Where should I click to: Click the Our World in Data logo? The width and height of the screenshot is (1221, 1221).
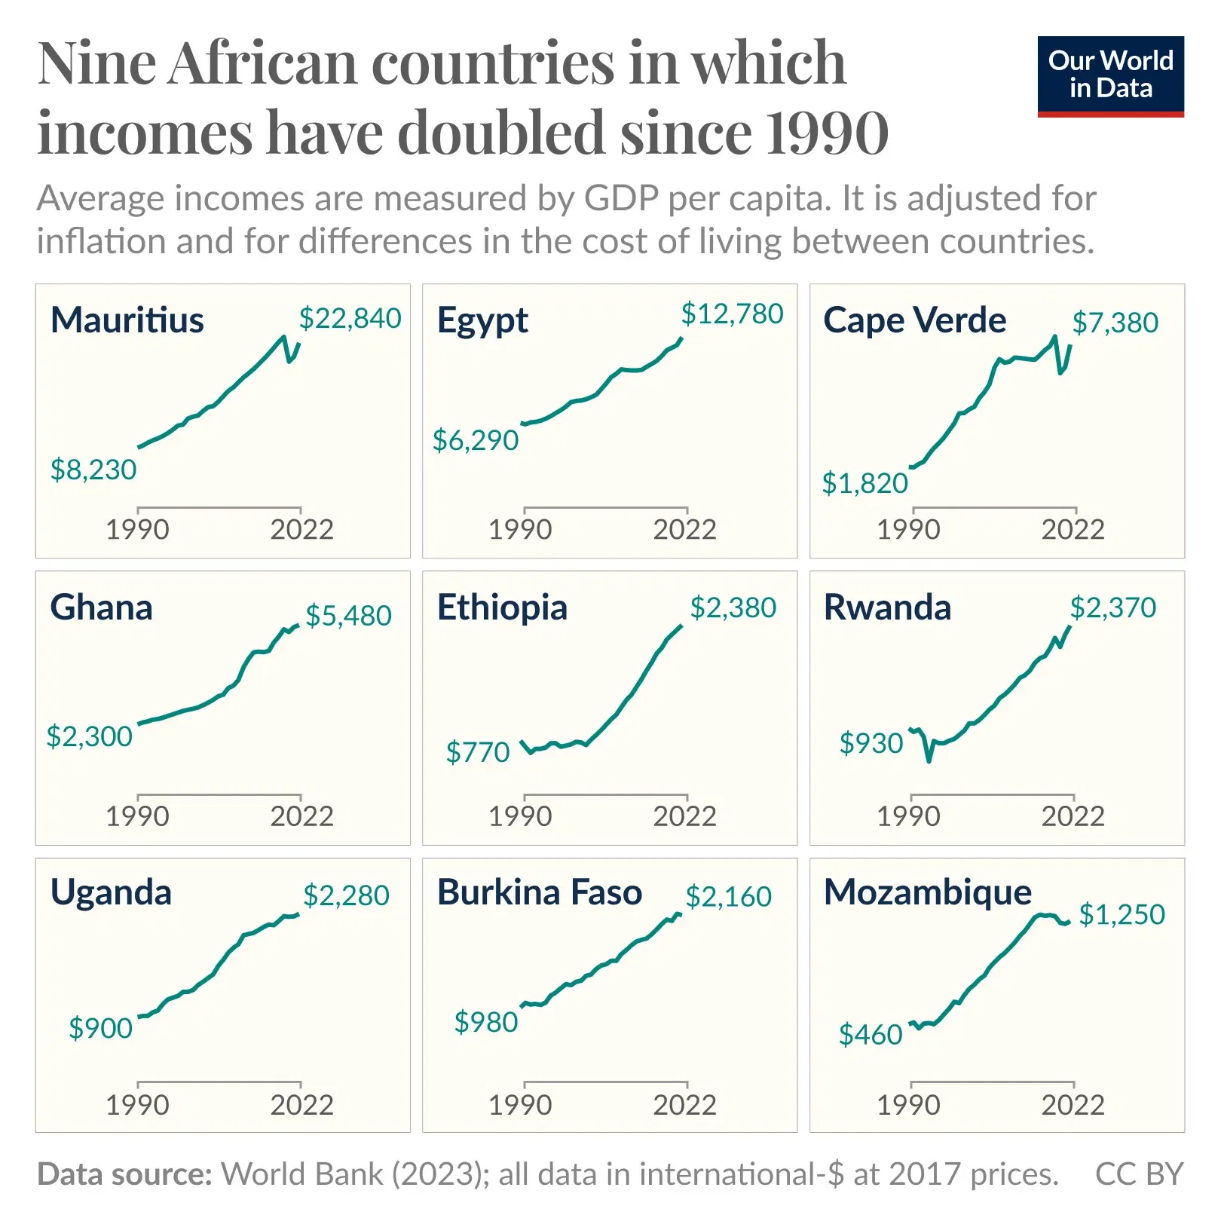click(x=1110, y=75)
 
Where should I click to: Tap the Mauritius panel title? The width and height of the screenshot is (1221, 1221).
click(x=127, y=320)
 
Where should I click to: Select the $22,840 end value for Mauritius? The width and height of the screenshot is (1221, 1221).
click(x=350, y=318)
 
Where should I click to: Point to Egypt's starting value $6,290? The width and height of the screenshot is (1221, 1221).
click(x=476, y=440)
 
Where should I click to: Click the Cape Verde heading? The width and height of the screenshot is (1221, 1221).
click(x=914, y=320)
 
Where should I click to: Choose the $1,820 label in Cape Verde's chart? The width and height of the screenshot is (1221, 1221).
click(x=864, y=483)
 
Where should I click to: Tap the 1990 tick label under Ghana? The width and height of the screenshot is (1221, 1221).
click(x=137, y=816)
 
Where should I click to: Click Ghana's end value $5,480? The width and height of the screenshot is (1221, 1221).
click(x=348, y=616)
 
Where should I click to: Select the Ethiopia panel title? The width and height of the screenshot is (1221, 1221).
click(x=502, y=607)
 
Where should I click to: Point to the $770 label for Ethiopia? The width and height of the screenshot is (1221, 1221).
click(x=478, y=752)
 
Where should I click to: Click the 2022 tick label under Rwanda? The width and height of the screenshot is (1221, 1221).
click(x=1073, y=816)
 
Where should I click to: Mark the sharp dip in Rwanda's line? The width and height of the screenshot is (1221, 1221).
click(x=929, y=760)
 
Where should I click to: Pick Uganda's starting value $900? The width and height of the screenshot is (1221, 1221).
click(x=100, y=1028)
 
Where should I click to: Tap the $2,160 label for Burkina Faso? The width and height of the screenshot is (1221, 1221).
click(x=728, y=896)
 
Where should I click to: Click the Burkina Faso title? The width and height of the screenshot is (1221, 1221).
click(x=540, y=892)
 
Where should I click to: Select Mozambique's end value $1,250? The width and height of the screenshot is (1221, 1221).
click(x=1122, y=914)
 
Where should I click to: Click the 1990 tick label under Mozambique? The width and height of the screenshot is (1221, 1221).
click(x=908, y=1105)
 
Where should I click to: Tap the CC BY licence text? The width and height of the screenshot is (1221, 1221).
click(x=1139, y=1174)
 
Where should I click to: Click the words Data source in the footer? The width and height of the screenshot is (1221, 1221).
click(x=124, y=1174)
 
